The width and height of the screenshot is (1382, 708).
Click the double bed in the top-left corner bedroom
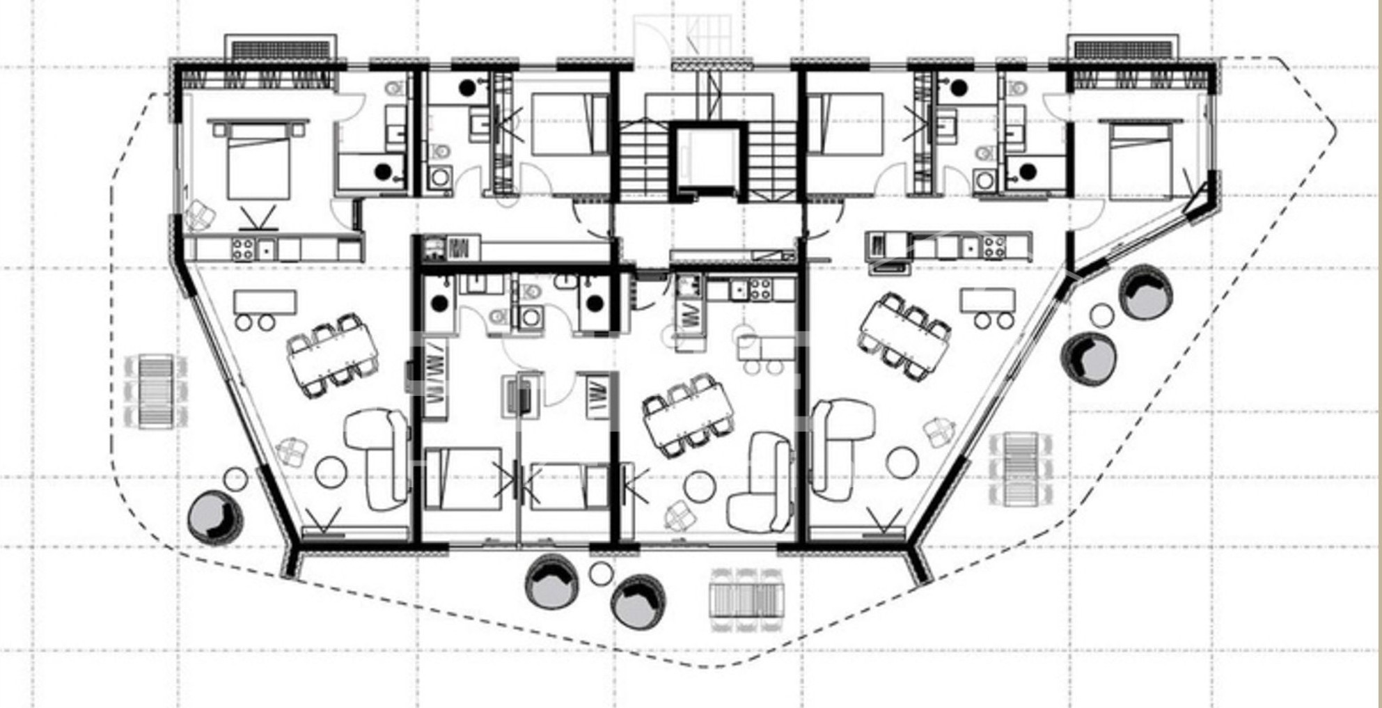(x=258, y=162)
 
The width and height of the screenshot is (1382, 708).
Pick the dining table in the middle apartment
(x=688, y=416)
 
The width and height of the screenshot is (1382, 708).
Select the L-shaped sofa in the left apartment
(x=377, y=456)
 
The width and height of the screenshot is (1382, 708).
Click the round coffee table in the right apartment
(x=902, y=463)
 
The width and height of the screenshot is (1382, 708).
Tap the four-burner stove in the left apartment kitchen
(x=242, y=249)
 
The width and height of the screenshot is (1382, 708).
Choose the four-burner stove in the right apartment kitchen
(x=994, y=246)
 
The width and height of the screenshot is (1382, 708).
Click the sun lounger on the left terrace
(x=156, y=391)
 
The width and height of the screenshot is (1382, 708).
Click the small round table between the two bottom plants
(x=601, y=574)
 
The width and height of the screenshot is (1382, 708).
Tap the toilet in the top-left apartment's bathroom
(x=395, y=88)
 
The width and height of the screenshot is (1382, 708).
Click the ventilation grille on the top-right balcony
(x=1123, y=49)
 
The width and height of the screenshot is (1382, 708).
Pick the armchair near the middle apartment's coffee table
(x=679, y=516)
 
